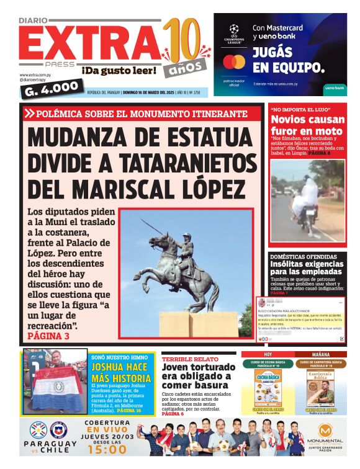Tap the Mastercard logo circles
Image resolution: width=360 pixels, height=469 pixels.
click(234, 63)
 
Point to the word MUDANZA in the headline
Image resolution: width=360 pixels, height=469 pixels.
click(81, 138)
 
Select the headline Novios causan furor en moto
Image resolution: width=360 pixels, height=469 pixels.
click(307, 125)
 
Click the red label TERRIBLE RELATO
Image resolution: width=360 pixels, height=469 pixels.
click(186, 359)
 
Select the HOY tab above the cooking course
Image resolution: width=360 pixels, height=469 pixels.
click(268, 355)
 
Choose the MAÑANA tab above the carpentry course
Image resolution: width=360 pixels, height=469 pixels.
click(321, 355)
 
